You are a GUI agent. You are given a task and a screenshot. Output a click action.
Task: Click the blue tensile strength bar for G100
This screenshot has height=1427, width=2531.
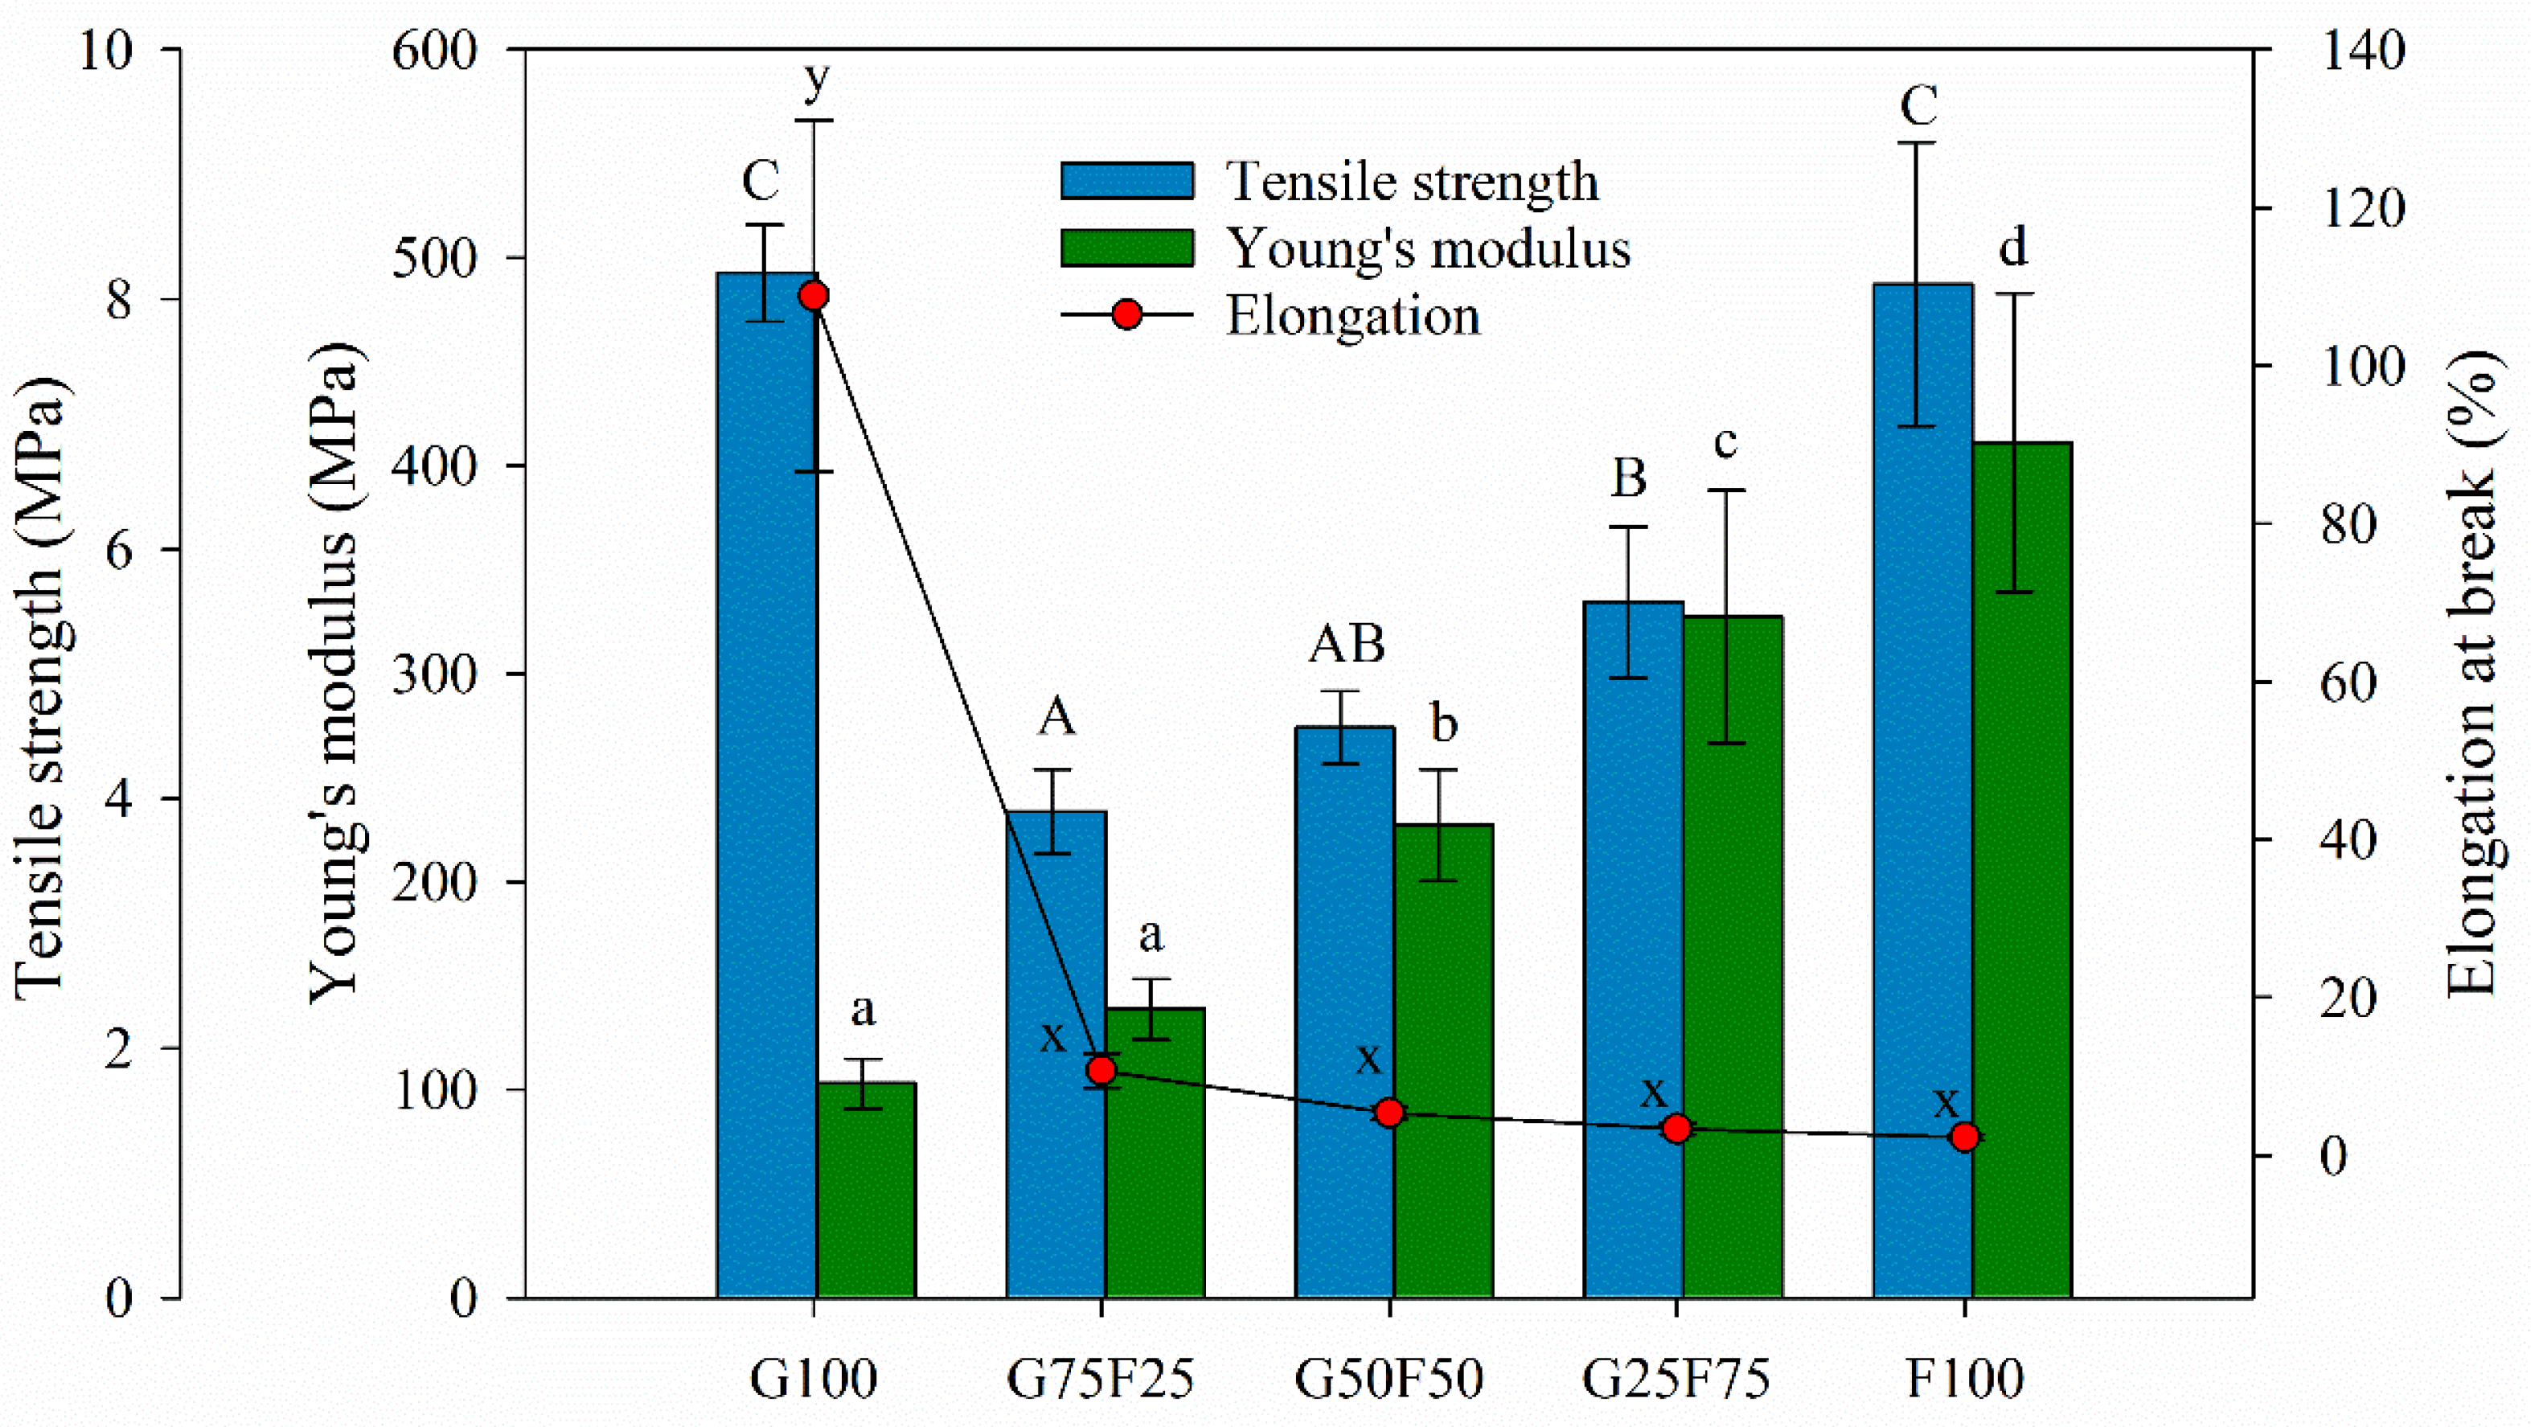tap(765, 786)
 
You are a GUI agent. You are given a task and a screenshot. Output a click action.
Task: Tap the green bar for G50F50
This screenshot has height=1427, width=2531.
tap(1443, 1061)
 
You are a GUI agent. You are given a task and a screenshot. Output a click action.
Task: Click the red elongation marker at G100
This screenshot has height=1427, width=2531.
tap(814, 296)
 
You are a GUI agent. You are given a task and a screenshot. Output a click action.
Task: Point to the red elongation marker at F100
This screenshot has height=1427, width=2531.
tap(1964, 1137)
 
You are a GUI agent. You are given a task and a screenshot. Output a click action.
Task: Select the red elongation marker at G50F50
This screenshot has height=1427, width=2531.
tap(1389, 1113)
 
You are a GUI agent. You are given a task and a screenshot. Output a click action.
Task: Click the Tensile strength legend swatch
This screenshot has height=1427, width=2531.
tap(1127, 182)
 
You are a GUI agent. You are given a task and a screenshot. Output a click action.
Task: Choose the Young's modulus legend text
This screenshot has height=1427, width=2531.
tap(1430, 248)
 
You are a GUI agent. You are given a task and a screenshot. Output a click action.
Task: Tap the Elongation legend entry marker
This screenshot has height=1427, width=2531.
tap(1127, 314)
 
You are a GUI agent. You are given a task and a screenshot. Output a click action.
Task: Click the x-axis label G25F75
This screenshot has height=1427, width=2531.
tap(1676, 1379)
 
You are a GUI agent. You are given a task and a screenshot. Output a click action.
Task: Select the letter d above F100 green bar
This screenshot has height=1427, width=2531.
tap(2013, 247)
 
